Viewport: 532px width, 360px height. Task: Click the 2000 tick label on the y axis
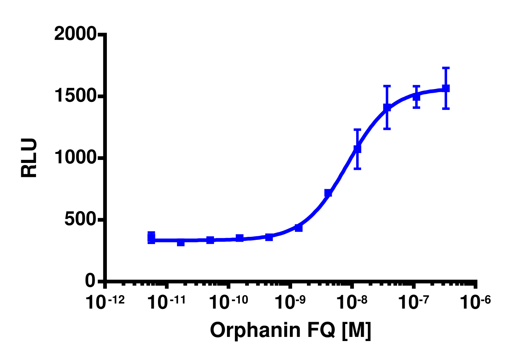click(75, 34)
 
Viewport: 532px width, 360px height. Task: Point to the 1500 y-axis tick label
click(75, 96)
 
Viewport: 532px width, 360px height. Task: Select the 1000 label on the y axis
click(75, 158)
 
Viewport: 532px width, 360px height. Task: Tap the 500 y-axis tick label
click(80, 219)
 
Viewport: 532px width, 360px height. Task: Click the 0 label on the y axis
click(90, 281)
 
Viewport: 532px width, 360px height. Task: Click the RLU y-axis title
click(30, 158)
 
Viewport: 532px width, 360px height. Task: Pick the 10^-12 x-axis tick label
click(105, 302)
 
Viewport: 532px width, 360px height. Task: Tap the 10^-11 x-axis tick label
click(166, 302)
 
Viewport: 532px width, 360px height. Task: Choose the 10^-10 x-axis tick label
click(228, 302)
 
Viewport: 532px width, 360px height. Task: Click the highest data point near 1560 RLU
click(446, 88)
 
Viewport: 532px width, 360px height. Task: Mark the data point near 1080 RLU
click(357, 149)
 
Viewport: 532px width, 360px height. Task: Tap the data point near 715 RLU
click(328, 193)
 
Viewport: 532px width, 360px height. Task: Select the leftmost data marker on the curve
click(151, 238)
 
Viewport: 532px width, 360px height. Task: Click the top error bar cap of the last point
click(446, 68)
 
